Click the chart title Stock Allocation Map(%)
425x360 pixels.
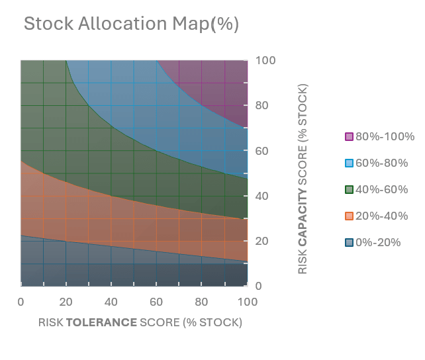click(131, 24)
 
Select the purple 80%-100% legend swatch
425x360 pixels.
click(349, 137)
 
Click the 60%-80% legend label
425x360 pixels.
click(381, 163)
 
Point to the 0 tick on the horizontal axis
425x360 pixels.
click(21, 302)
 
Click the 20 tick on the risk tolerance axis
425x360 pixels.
click(66, 302)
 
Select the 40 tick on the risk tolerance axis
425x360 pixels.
click(111, 302)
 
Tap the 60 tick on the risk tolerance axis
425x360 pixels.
click(156, 302)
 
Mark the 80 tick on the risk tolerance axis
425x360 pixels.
click(201, 302)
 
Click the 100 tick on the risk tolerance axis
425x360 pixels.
click(247, 302)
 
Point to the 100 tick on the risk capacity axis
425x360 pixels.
click(265, 61)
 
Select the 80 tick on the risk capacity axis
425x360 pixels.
click(262, 106)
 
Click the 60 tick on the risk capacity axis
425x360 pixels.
click(262, 151)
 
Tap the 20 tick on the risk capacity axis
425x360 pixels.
click(262, 242)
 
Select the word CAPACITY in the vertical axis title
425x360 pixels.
click(303, 213)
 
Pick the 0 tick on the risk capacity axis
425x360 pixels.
click(260, 287)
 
